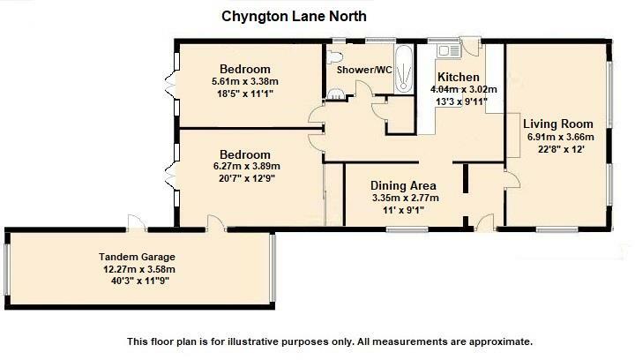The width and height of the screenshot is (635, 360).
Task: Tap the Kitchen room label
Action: (x=459, y=77)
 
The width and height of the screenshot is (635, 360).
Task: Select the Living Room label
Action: (x=557, y=124)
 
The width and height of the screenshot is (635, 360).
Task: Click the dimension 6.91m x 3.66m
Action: (x=560, y=137)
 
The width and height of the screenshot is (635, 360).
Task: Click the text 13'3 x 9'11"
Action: (x=463, y=101)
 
